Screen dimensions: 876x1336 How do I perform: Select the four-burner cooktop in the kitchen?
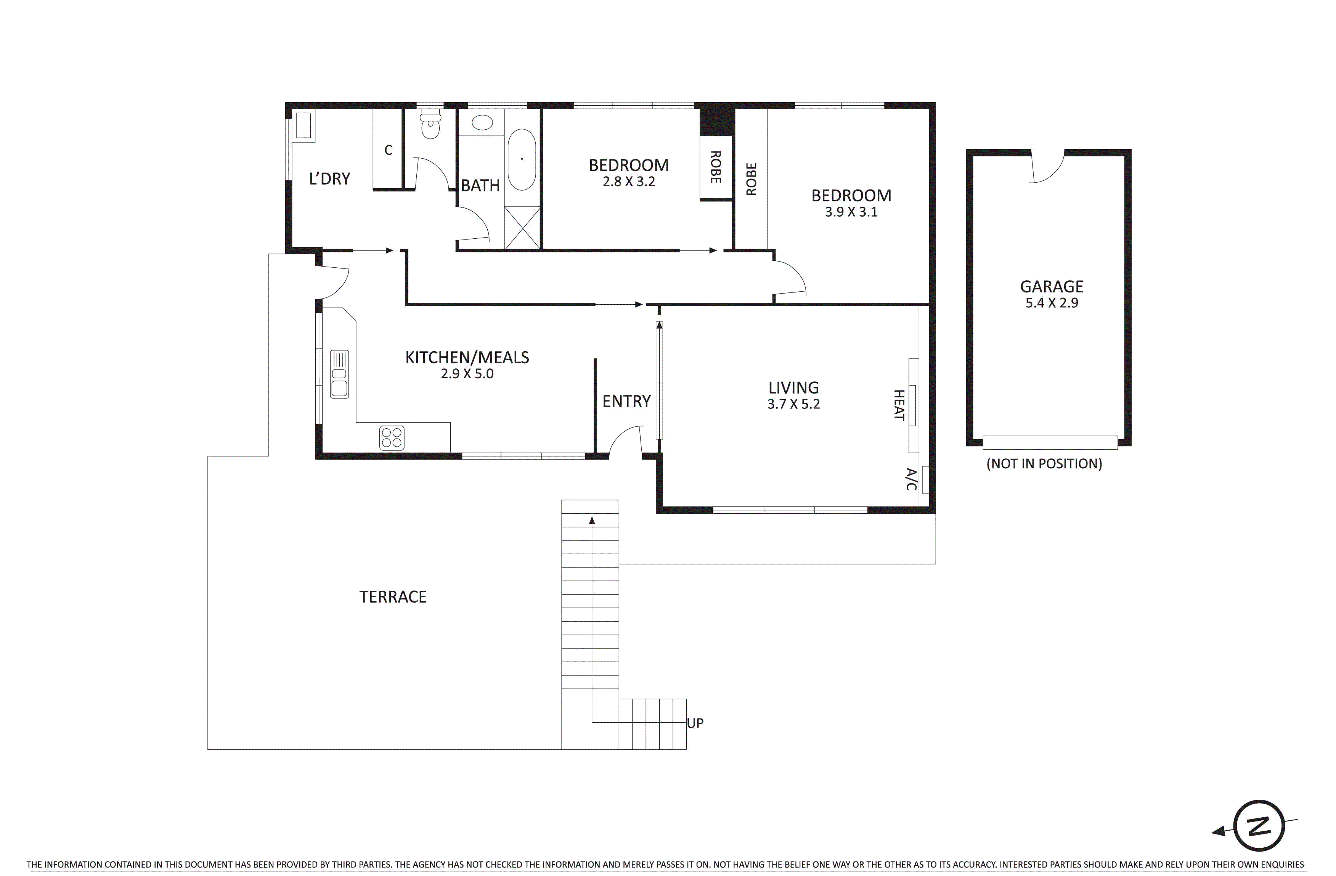(392, 438)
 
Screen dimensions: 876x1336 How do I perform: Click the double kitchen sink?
(339, 375)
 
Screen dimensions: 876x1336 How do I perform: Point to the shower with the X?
(522, 228)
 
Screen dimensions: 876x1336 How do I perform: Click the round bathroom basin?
(482, 122)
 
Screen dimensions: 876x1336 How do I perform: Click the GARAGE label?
(1052, 287)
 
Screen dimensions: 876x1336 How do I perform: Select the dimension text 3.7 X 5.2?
(793, 404)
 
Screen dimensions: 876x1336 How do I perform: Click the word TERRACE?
(393, 597)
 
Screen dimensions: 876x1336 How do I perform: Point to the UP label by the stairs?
(695, 723)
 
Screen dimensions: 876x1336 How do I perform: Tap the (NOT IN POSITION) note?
(1044, 464)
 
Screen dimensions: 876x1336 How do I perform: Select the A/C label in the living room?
(911, 479)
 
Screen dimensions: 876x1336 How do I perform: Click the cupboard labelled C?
(388, 150)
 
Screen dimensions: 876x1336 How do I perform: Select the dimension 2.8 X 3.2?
(629, 182)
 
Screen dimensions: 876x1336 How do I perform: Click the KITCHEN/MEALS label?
(467, 358)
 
